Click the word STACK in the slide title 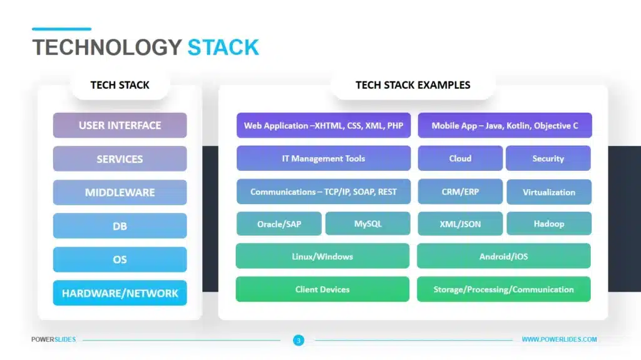point(223,48)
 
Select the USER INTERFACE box point(120,125)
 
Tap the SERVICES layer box point(120,159)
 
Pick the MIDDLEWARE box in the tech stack point(120,192)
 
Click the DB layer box point(120,226)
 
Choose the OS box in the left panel point(120,259)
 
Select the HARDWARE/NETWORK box point(120,293)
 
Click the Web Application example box point(324,125)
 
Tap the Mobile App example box point(505,125)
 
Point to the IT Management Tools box point(324,158)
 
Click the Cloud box point(460,158)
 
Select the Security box point(548,158)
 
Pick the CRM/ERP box point(460,192)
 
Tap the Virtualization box point(548,192)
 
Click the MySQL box point(367,224)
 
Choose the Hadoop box point(548,224)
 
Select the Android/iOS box point(503,256)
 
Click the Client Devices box point(322,289)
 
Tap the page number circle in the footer point(299,340)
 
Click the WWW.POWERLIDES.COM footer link point(559,340)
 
